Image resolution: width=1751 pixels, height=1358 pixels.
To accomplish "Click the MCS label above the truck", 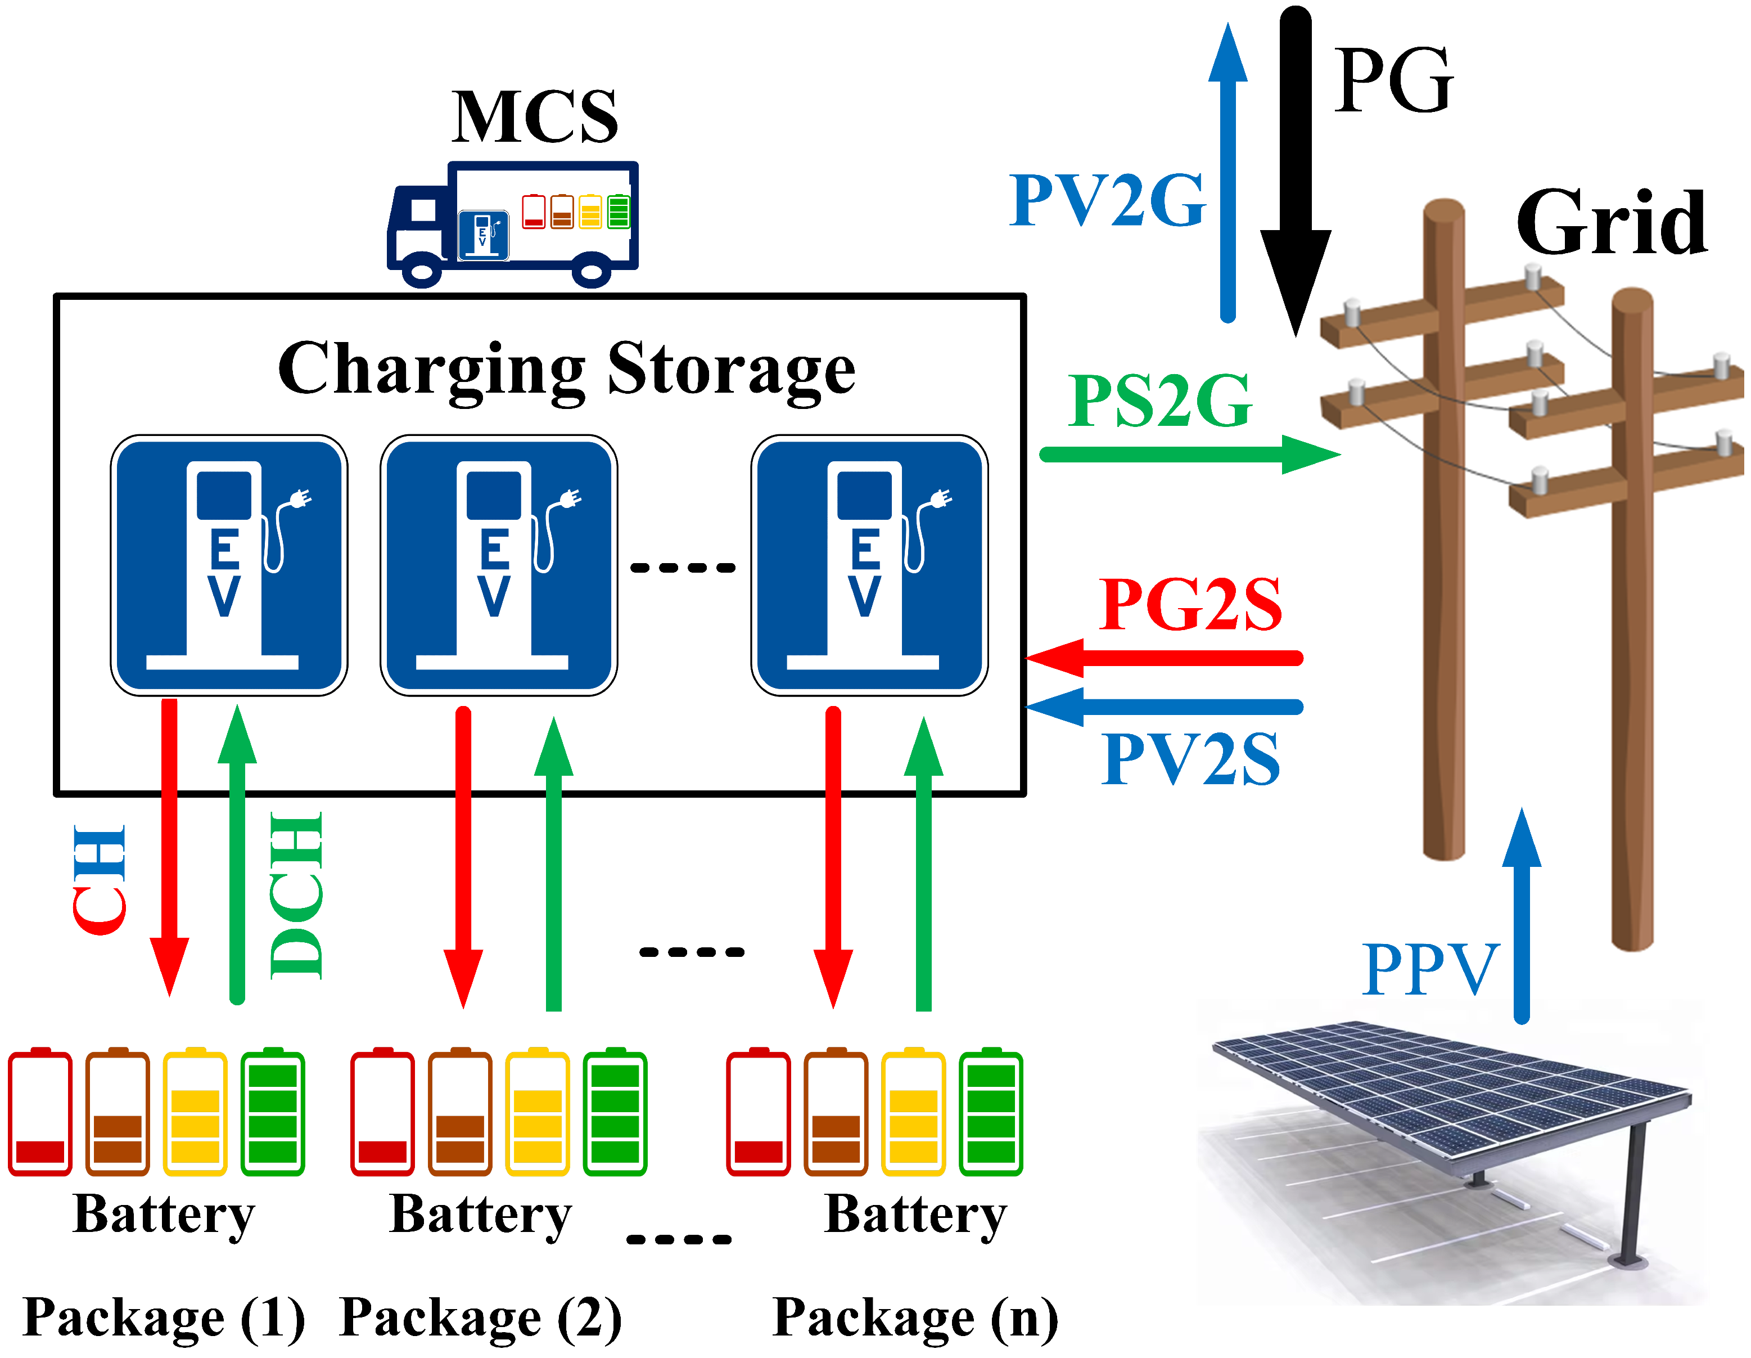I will (534, 117).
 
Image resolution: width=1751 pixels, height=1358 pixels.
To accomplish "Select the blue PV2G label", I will (1107, 200).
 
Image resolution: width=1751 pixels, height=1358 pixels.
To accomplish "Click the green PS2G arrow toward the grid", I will (1186, 455).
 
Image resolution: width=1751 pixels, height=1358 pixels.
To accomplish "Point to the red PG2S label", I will (1190, 605).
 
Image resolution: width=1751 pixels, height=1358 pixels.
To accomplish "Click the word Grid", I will (1612, 223).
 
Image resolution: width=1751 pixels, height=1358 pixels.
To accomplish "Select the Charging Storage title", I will (566, 369).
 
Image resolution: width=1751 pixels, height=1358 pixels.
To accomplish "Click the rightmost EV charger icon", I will (869, 565).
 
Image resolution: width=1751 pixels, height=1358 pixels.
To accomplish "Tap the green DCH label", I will (296, 895).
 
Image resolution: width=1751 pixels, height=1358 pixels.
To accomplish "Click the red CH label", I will (100, 879).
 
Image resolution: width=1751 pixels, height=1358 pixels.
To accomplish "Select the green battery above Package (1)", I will (273, 1113).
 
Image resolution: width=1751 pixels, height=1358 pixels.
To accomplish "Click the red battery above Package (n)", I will (757, 1113).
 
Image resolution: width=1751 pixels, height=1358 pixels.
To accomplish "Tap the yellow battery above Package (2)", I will (537, 1113).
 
